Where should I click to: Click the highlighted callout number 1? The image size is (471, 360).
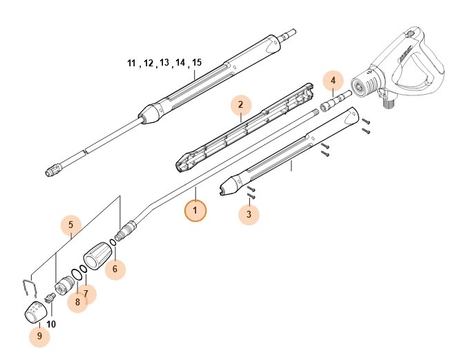(x=195, y=210)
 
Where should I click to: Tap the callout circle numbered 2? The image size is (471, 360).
(x=240, y=105)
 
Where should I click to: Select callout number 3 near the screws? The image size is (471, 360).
(x=249, y=215)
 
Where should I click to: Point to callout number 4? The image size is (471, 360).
(x=333, y=81)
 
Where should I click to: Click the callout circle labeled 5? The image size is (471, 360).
(x=71, y=225)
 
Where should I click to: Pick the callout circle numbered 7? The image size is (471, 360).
(x=86, y=294)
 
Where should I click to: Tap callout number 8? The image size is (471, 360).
(x=77, y=302)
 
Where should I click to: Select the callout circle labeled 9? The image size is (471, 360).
(x=39, y=337)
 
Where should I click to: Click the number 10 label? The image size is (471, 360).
(x=51, y=324)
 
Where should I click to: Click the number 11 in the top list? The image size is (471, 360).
(x=132, y=63)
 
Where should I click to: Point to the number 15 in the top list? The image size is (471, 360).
(x=197, y=63)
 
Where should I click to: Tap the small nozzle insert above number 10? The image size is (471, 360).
(x=50, y=298)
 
